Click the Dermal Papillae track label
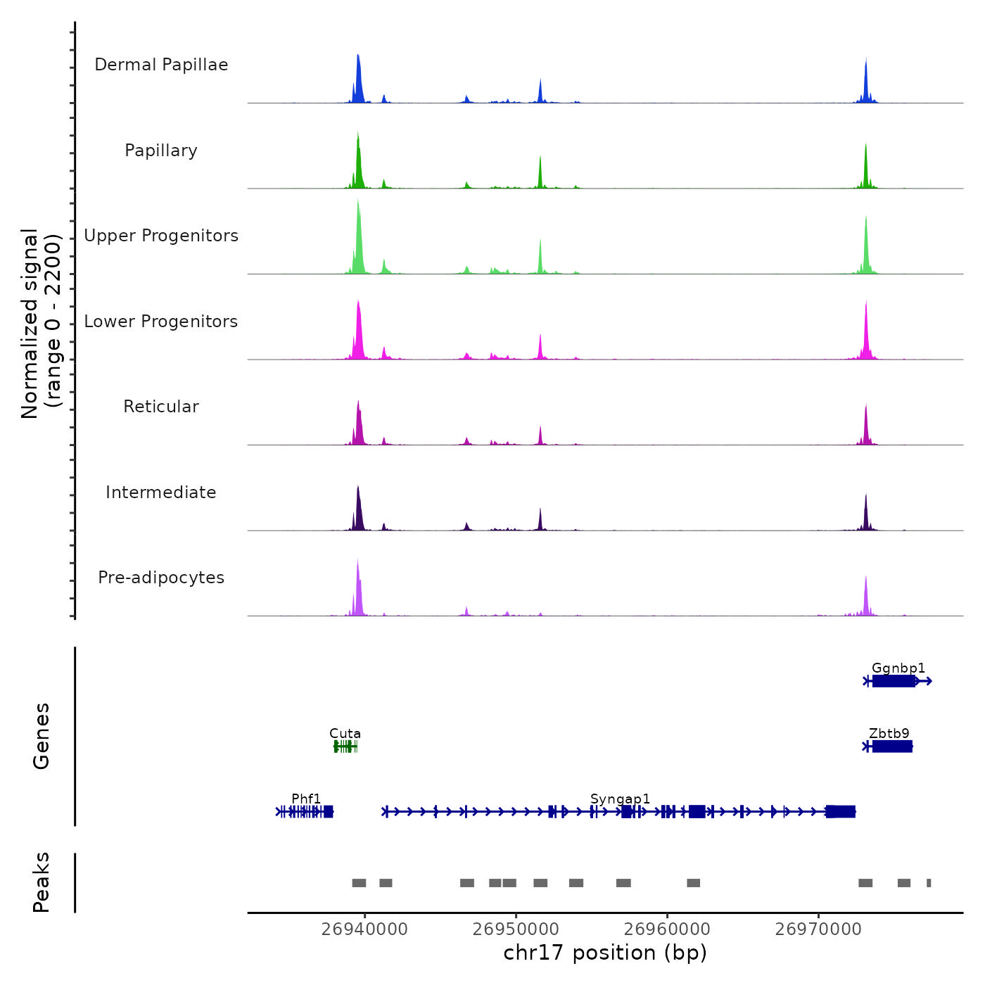click(161, 65)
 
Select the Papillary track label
click(161, 151)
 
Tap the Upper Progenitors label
click(161, 236)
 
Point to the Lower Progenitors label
click(161, 322)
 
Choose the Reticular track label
click(161, 407)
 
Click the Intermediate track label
click(161, 493)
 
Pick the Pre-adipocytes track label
click(161, 578)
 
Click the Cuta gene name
click(345, 733)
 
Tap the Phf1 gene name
click(306, 799)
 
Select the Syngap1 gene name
click(620, 799)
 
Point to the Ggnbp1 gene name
click(898, 668)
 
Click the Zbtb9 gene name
click(889, 733)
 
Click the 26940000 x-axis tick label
click(364, 929)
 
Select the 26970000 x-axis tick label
click(818, 929)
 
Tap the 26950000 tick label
click(516, 929)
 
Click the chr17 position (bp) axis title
click(605, 953)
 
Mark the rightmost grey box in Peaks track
click(929, 883)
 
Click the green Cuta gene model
click(345, 746)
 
